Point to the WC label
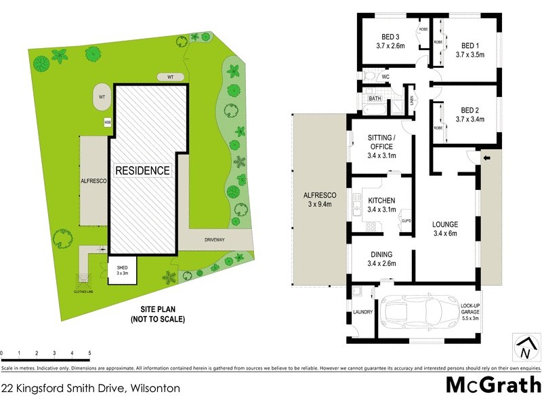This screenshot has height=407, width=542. pos(385,77)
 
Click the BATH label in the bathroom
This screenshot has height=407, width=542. pos(374,98)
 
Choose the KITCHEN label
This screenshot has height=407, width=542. pos(381,200)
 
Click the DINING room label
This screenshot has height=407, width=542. pos(381,254)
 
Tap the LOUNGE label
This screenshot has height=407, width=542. pos(446,225)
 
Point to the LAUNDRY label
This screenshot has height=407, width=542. pos(363,313)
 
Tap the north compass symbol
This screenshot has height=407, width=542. pos(525,347)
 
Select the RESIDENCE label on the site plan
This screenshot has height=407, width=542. pos(142,170)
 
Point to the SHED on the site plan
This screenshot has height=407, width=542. pos(122,270)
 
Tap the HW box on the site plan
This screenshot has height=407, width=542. pos(107,122)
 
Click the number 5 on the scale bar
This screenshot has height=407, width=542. pos(89,353)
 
